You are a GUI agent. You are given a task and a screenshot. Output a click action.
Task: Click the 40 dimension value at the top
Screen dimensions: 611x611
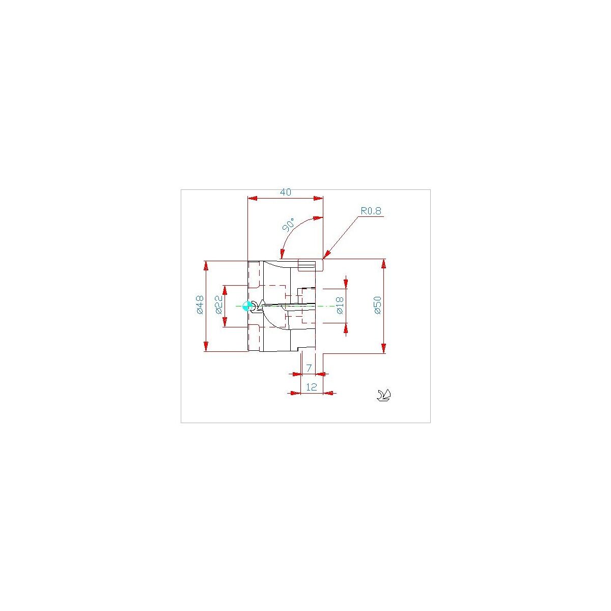click(x=285, y=192)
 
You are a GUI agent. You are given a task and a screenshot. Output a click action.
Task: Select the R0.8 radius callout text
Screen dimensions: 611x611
click(x=371, y=211)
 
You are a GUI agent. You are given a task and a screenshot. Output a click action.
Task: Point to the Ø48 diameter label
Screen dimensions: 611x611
click(x=200, y=304)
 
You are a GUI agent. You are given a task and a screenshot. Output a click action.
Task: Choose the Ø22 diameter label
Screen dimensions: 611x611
click(x=219, y=304)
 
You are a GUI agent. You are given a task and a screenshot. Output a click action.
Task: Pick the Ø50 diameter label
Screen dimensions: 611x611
click(x=378, y=305)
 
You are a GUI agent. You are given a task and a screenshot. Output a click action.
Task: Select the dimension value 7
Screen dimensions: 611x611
click(x=309, y=368)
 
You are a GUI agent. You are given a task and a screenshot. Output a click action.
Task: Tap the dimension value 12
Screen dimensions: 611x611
click(x=312, y=387)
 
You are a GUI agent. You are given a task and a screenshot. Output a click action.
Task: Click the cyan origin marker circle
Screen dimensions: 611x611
click(x=247, y=306)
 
